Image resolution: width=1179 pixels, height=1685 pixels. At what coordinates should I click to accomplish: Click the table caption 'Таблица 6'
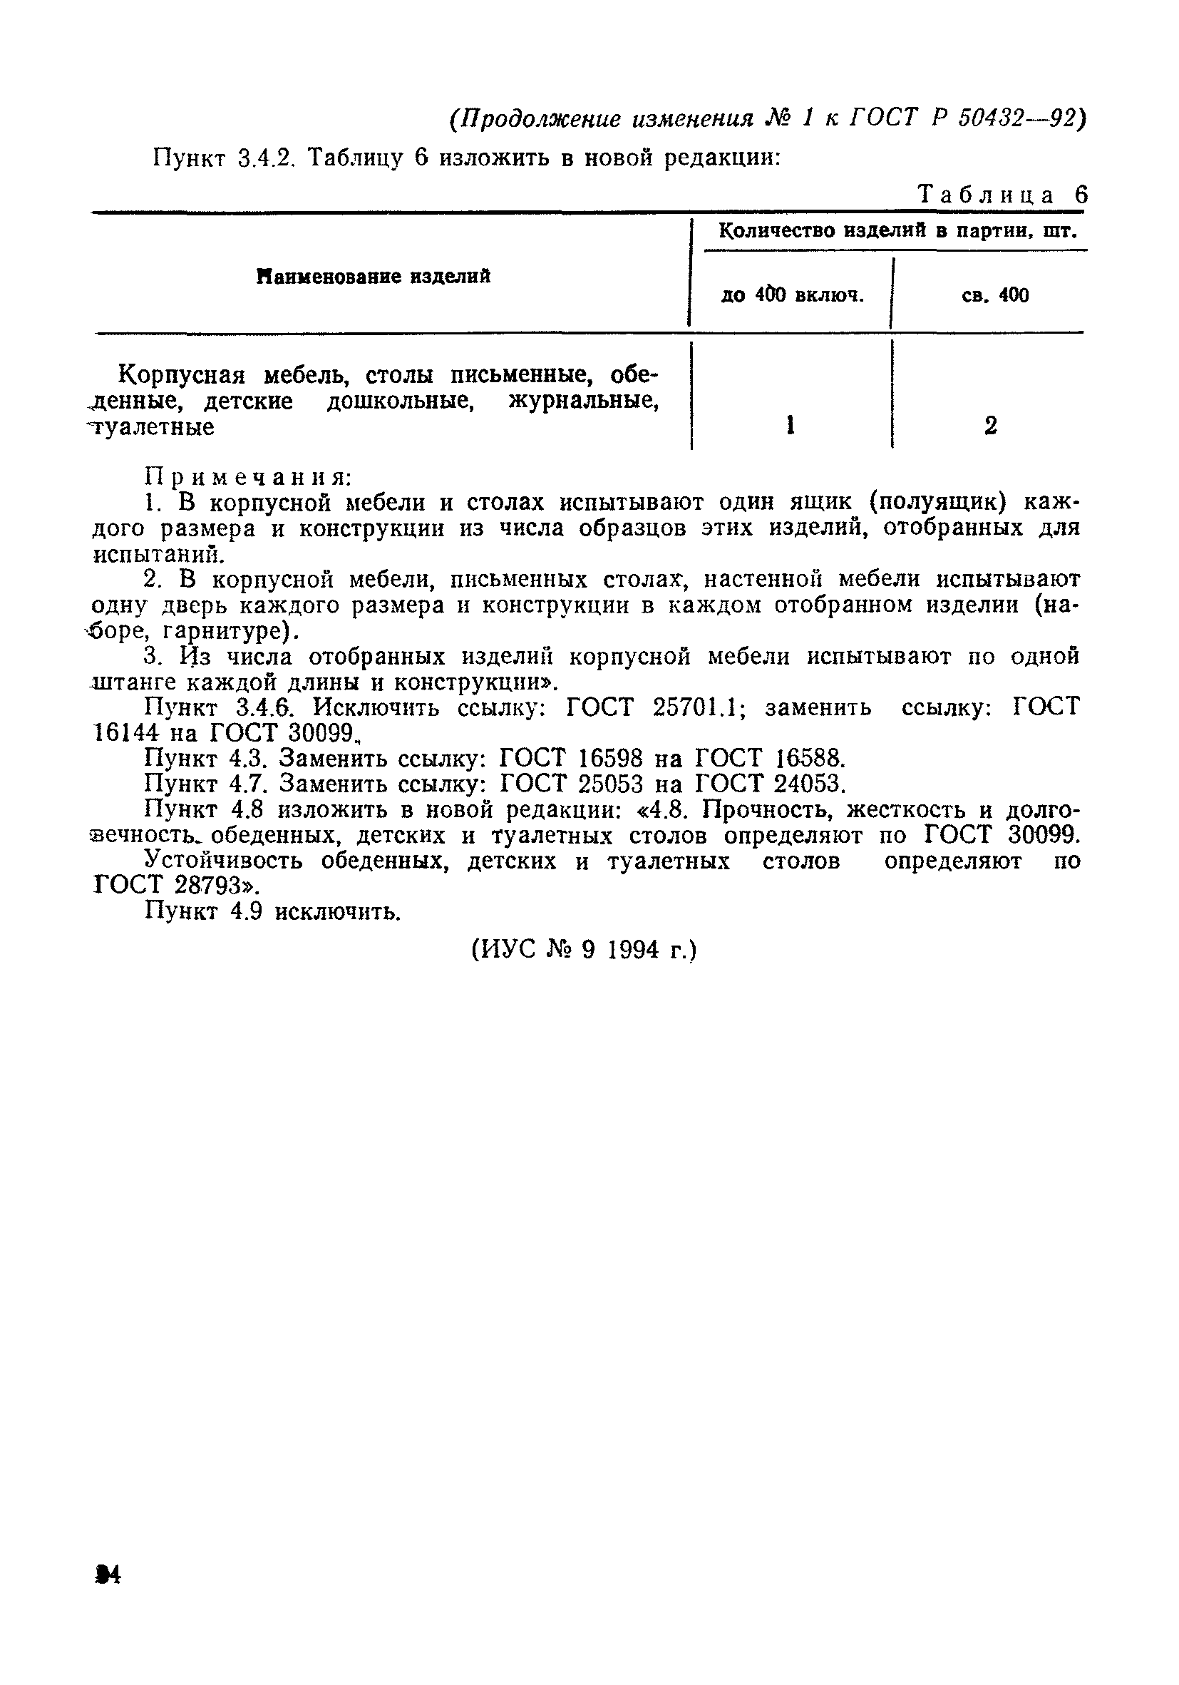click(x=1002, y=195)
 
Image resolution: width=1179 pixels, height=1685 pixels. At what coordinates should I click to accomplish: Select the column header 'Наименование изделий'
click(x=374, y=277)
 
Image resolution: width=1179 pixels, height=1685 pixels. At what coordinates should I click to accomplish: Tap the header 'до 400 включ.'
click(x=793, y=295)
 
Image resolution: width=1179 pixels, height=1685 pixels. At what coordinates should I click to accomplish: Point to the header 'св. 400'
click(x=995, y=295)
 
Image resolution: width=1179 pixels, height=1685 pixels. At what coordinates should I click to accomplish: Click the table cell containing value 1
click(x=789, y=426)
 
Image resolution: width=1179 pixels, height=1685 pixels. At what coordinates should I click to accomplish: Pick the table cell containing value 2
click(x=990, y=426)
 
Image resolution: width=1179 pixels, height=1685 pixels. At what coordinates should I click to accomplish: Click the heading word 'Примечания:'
click(x=248, y=478)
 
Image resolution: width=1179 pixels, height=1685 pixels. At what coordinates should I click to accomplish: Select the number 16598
click(x=610, y=758)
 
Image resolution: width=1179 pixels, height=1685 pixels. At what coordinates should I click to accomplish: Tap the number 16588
click(x=805, y=758)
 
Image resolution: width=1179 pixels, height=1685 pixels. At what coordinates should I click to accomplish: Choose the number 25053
click(x=610, y=784)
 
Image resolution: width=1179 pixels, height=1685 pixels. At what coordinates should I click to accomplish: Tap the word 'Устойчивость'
click(x=224, y=860)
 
